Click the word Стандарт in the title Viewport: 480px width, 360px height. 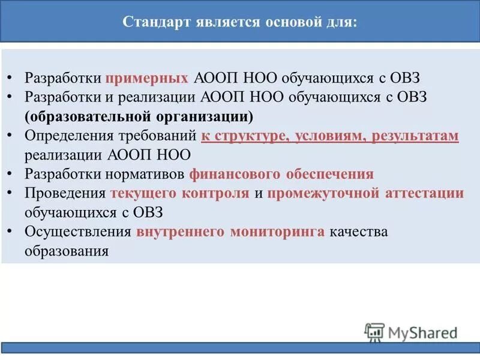155,22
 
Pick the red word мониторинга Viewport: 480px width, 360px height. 278,232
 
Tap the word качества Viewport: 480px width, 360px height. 359,232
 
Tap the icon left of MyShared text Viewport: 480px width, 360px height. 374,332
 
